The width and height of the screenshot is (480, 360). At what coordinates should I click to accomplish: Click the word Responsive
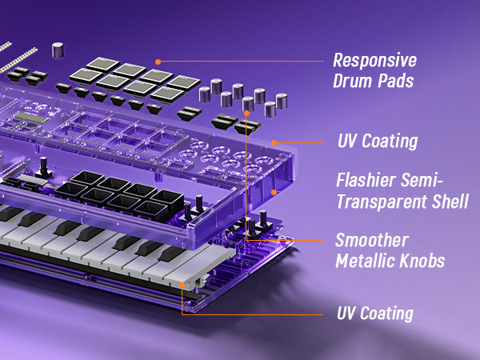[374, 60]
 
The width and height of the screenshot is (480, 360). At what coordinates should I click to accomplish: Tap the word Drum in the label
[353, 81]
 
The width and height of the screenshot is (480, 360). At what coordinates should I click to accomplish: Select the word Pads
[395, 81]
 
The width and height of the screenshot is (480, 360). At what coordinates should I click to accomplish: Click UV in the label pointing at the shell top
[348, 141]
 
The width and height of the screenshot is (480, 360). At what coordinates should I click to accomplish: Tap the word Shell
[450, 201]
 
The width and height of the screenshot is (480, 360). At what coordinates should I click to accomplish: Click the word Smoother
[372, 240]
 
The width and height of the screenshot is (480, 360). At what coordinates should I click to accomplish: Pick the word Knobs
[422, 261]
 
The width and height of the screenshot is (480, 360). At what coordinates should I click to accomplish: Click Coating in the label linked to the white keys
[386, 314]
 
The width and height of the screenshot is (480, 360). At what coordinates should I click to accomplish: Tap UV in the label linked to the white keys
[346, 313]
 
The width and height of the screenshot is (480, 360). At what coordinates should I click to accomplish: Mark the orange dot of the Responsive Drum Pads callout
[158, 62]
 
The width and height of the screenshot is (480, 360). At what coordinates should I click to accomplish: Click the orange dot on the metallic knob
[247, 114]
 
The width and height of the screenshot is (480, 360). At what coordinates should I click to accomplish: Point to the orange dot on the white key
[182, 286]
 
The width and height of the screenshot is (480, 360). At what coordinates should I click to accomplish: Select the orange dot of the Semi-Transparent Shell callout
[274, 192]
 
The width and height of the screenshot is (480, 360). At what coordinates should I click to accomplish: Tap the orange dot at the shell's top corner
[274, 142]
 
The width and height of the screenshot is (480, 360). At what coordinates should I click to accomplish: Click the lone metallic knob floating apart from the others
[58, 50]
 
